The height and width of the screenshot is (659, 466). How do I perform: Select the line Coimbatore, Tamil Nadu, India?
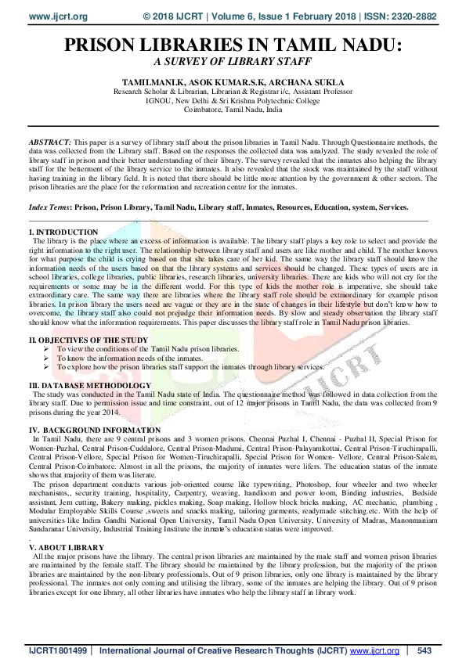pyautogui.click(x=232, y=110)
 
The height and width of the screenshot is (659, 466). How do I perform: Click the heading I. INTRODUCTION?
pyautogui.click(x=63, y=232)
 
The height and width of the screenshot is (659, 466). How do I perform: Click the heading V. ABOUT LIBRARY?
pyautogui.click(x=67, y=547)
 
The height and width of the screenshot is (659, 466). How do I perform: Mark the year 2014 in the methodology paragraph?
pyautogui.click(x=110, y=412)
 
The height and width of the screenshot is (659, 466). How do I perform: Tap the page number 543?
pyautogui.click(x=424, y=650)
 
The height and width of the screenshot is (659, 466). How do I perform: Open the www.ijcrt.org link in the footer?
pyautogui.click(x=374, y=650)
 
